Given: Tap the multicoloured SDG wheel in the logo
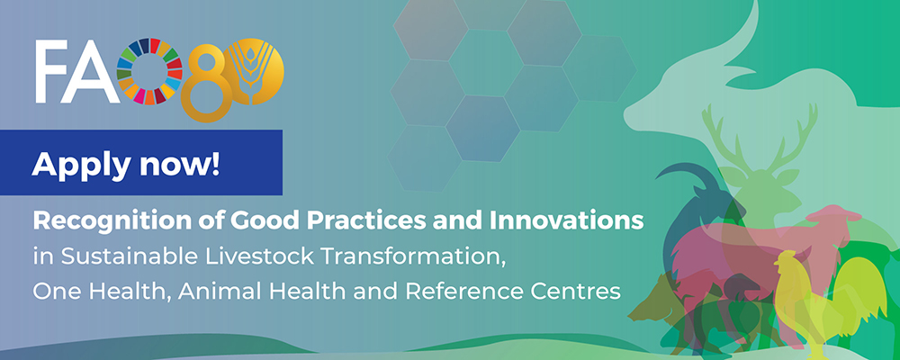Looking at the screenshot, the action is click(149, 71).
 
